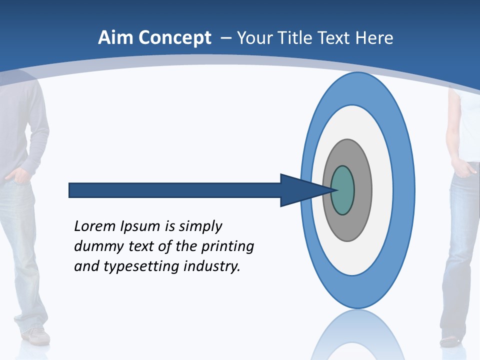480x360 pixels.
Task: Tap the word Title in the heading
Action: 296,38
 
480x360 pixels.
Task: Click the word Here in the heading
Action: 374,38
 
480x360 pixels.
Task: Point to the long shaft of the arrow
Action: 175,190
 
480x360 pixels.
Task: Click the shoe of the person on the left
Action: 36,336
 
